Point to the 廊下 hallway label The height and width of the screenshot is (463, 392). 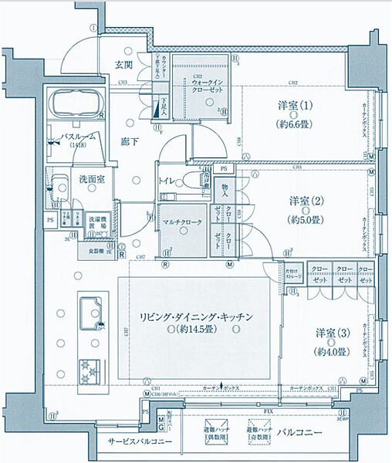[x=130, y=141]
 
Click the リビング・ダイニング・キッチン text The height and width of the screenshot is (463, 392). [x=197, y=318]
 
